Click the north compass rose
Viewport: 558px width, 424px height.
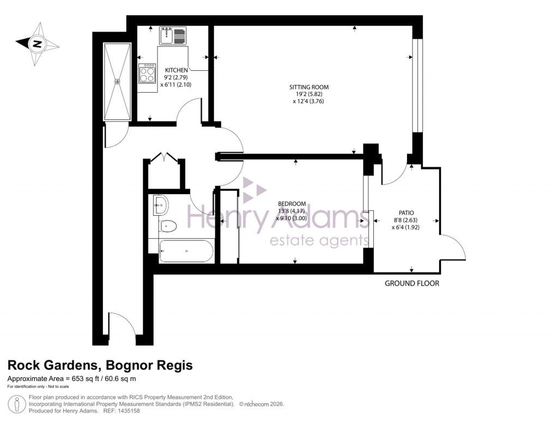click(37, 44)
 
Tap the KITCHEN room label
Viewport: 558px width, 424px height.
click(177, 70)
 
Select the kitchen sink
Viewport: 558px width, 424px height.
click(173, 36)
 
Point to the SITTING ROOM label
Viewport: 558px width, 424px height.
click(309, 87)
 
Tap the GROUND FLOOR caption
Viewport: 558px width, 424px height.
click(411, 283)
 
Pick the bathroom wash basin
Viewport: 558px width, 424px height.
click(161, 205)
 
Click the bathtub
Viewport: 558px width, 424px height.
click(185, 251)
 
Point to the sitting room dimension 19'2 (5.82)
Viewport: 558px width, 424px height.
click(309, 94)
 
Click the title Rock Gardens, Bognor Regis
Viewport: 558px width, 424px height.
click(100, 366)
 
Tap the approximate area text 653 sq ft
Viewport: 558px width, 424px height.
click(71, 379)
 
